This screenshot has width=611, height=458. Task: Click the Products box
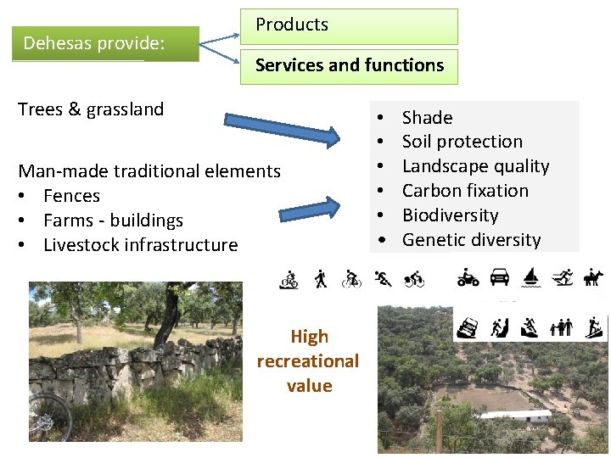click(x=349, y=26)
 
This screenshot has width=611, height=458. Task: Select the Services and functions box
click(x=349, y=66)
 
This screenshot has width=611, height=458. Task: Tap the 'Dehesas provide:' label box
click(x=105, y=43)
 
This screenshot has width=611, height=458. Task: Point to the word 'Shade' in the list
click(x=427, y=118)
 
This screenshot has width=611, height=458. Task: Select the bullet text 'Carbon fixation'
click(x=465, y=191)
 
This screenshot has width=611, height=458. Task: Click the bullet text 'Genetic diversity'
click(x=471, y=240)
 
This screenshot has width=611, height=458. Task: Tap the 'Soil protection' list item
click(x=462, y=142)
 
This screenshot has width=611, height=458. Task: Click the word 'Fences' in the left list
click(x=71, y=196)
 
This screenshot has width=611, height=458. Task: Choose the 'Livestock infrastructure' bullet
click(x=140, y=245)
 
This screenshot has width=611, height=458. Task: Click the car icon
click(x=500, y=277)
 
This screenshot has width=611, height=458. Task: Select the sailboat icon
click(x=530, y=277)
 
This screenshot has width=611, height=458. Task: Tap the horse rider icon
click(x=591, y=277)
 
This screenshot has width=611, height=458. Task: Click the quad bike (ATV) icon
click(x=468, y=277)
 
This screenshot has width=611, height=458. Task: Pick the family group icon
click(x=561, y=327)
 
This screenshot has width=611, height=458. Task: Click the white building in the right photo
click(x=526, y=416)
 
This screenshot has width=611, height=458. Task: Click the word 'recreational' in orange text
click(x=308, y=361)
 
